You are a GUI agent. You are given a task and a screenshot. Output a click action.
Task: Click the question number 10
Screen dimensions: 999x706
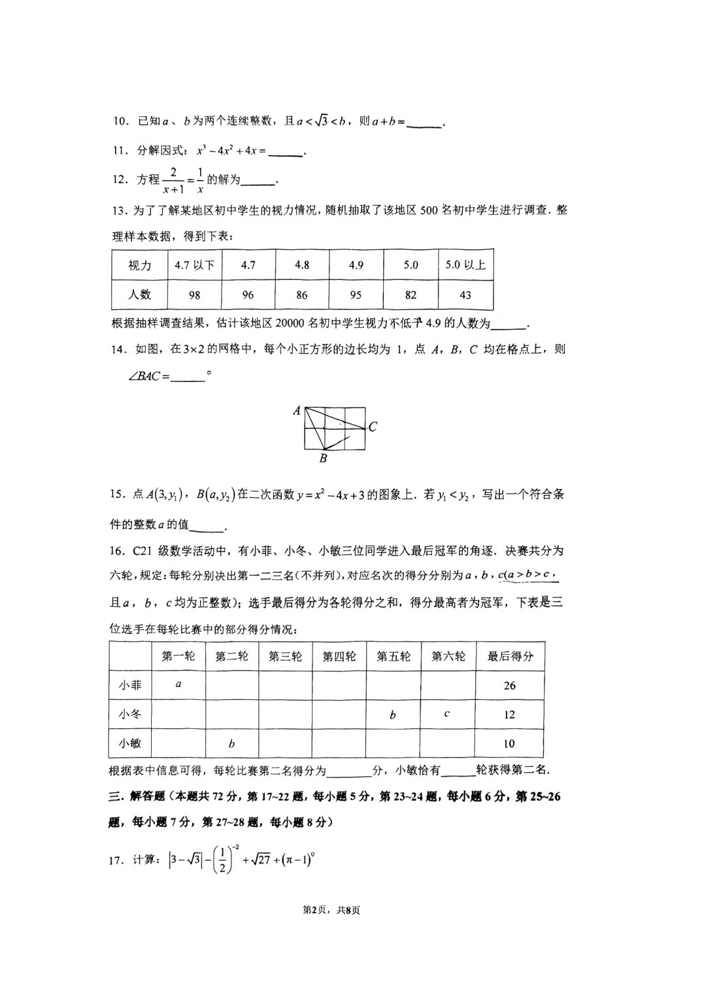[x=120, y=121]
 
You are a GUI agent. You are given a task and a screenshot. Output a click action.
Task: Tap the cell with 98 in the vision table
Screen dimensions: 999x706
[x=194, y=295]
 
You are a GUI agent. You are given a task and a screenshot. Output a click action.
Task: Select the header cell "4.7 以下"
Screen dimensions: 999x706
[x=194, y=265]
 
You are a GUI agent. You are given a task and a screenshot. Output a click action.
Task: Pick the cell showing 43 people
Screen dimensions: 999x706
[x=465, y=295]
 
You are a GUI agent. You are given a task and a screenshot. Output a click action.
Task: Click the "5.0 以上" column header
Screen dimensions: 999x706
[x=465, y=265]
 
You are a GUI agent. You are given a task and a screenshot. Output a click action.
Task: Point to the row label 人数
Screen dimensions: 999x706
[x=139, y=295]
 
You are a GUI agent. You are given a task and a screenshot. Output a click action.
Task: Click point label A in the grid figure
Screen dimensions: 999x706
[x=297, y=411]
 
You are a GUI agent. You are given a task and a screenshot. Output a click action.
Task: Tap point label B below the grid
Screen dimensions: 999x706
[x=323, y=459]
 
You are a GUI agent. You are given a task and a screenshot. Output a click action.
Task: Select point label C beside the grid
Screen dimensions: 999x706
[x=373, y=427]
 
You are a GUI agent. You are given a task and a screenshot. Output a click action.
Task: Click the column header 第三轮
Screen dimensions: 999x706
[x=285, y=656]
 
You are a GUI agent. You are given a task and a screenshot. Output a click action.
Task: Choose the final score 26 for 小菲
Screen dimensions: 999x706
[x=509, y=686]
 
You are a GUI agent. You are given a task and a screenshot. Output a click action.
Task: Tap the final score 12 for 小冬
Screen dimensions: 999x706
[x=509, y=714]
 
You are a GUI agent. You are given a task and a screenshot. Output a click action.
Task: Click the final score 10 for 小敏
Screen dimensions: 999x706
[x=509, y=743]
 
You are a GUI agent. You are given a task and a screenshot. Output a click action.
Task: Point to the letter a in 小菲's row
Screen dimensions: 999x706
[x=178, y=685]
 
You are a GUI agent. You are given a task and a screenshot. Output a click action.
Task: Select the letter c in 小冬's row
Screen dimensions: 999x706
[x=446, y=714]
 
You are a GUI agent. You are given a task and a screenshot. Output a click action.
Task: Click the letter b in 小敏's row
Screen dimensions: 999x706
[x=231, y=743]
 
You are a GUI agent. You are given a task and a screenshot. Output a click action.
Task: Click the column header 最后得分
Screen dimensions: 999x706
[x=510, y=656]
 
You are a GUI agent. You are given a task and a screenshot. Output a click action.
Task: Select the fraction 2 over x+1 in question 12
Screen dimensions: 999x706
[x=173, y=180]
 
